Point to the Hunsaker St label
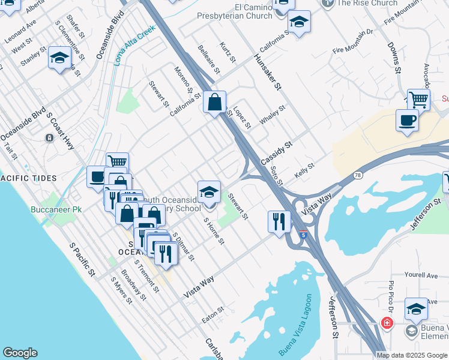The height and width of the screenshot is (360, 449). click(x=267, y=71)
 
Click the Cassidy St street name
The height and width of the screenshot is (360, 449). click(x=276, y=154)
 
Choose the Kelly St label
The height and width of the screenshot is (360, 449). click(x=304, y=170)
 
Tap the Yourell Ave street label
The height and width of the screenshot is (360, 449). click(x=421, y=275)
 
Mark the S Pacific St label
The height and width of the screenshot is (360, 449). click(x=83, y=259)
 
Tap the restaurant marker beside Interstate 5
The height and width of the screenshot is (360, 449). click(x=279, y=221)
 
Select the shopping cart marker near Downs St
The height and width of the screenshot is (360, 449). click(x=418, y=99)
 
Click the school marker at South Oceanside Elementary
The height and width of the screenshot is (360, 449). click(x=209, y=192)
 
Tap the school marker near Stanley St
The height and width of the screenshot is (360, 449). click(x=59, y=58)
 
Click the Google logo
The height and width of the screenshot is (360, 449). click(x=20, y=353)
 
